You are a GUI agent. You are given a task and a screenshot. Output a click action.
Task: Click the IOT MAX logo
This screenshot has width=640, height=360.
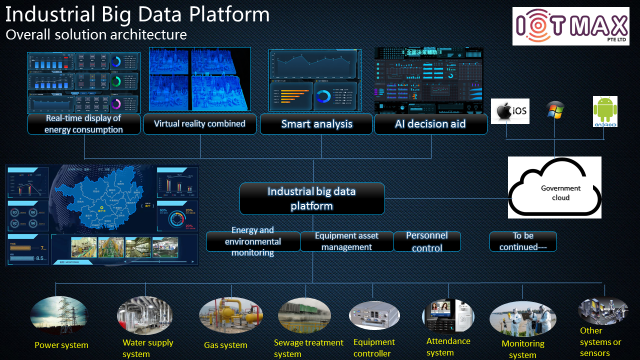(570, 26)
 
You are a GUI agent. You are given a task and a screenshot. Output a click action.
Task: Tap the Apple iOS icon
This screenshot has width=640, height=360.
(509, 110)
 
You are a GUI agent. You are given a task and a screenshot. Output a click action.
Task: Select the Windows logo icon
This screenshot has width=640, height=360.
(555, 110)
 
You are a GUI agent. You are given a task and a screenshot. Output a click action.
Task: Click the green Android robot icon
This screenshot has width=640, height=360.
(605, 111)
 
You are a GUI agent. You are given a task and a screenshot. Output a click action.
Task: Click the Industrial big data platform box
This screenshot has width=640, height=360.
(312, 198)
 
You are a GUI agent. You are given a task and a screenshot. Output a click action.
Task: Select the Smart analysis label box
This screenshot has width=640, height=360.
(316, 124)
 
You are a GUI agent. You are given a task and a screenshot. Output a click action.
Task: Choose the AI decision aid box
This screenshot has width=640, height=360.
(430, 124)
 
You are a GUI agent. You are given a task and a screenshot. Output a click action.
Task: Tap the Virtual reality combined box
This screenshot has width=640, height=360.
(199, 124)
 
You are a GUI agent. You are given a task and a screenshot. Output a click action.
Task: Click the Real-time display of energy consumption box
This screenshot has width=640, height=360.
(83, 124)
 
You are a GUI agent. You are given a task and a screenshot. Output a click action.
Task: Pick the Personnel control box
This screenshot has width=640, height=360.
(427, 241)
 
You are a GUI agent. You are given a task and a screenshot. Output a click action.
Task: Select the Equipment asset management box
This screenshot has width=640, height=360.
(346, 241)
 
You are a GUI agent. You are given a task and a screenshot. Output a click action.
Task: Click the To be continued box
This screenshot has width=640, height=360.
(523, 241)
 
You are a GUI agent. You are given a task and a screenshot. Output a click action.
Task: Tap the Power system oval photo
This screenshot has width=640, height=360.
(59, 315)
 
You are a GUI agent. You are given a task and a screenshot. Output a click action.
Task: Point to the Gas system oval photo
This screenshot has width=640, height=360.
(231, 316)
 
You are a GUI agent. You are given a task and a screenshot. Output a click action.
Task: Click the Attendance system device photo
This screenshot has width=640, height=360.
(448, 316)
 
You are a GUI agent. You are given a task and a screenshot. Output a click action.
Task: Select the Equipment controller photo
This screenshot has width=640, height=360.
(374, 316)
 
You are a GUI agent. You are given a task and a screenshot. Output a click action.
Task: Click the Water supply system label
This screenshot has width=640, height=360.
(147, 348)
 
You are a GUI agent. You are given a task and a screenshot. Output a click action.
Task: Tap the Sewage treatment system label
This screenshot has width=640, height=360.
(308, 348)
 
